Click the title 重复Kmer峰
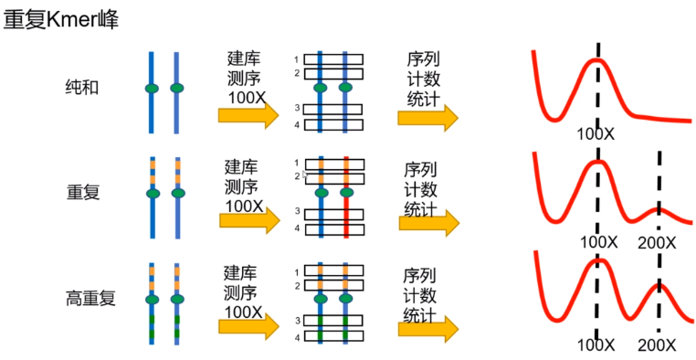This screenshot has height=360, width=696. click(x=61, y=18)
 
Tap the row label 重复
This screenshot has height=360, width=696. click(x=83, y=194)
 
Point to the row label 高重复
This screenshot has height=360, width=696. click(x=90, y=298)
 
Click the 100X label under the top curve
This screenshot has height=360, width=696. click(x=596, y=134)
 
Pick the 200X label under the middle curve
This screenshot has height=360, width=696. click(x=657, y=243)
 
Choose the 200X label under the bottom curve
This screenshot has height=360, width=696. click(x=657, y=346)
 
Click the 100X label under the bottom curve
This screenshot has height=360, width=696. click(x=596, y=346)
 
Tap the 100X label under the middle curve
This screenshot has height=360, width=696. click(x=596, y=243)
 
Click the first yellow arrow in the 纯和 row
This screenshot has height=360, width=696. click(x=248, y=115)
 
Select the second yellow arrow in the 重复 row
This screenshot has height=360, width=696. click(x=427, y=221)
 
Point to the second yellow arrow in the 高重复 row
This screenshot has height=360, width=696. click(x=427, y=326)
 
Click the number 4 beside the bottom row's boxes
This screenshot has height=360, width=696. click(x=297, y=337)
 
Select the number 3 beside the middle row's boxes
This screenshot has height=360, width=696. click(x=297, y=212)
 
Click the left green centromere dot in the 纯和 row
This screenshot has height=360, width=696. click(x=152, y=89)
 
